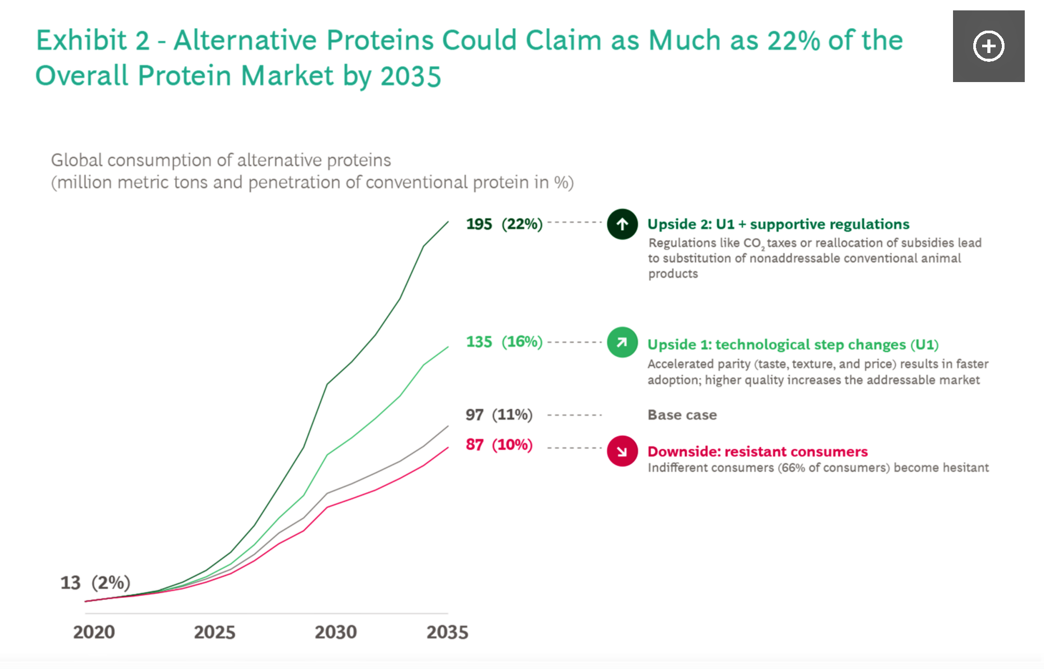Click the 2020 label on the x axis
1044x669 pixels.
click(94, 632)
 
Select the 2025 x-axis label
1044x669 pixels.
click(214, 632)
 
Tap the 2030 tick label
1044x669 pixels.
click(335, 632)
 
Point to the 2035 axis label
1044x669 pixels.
click(447, 632)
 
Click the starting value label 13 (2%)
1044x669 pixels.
click(95, 583)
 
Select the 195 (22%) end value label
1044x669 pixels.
click(504, 224)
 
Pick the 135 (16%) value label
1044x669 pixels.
click(504, 342)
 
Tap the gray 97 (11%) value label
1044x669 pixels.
click(499, 414)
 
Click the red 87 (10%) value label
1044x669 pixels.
click(499, 445)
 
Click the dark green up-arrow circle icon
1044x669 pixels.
click(622, 224)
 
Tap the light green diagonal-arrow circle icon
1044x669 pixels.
click(622, 342)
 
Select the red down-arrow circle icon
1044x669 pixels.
click(622, 451)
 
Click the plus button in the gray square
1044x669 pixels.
click(988, 46)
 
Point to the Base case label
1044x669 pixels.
click(682, 415)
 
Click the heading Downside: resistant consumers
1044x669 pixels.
click(758, 451)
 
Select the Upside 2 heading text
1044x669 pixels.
click(778, 224)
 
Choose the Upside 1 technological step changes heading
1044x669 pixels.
click(793, 344)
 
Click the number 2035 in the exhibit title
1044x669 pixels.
click(410, 76)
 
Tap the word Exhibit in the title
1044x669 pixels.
click(82, 41)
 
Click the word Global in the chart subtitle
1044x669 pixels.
click(76, 160)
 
